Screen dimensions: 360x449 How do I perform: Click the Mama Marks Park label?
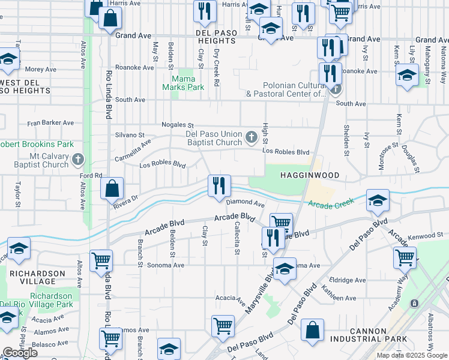tap(188, 83)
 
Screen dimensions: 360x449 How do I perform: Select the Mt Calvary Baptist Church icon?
tap(77, 160)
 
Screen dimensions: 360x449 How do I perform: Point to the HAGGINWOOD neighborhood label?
tap(309, 175)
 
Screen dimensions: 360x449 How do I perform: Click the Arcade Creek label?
tap(328, 205)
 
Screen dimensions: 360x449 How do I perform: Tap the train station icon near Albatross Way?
tap(414, 304)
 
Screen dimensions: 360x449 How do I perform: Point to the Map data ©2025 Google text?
tap(412, 355)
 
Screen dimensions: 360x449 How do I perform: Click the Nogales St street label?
tap(178, 125)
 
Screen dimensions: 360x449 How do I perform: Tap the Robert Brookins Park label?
tap(36, 145)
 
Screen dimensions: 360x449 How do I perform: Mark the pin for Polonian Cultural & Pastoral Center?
tap(336, 90)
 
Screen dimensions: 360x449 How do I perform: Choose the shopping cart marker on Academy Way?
tap(405, 259)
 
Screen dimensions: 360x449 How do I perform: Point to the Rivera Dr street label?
tap(125, 202)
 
